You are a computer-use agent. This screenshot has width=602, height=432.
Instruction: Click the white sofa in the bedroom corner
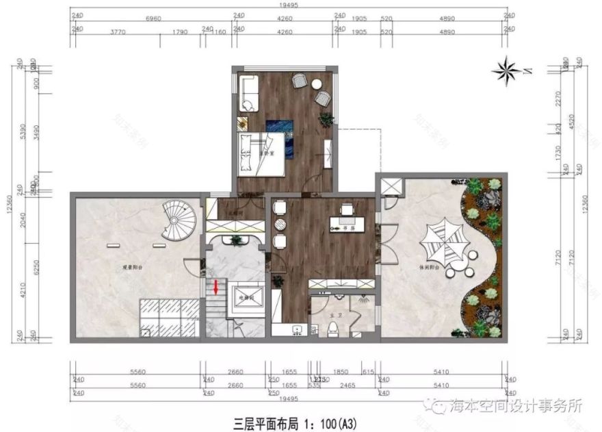coord(248,92)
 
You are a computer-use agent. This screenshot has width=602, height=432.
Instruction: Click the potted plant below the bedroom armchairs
coord(326,119)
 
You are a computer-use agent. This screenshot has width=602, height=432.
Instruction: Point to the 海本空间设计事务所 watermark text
coord(516,405)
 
